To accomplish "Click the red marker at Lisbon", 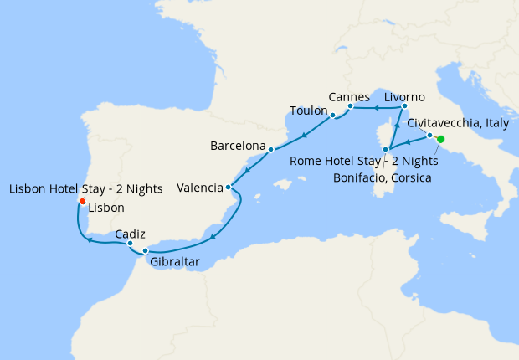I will tap(82, 202).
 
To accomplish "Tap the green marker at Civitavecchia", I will tap(440, 140).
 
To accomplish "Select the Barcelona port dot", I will tap(270, 150).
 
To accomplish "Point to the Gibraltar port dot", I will tap(146, 250).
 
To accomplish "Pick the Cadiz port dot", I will tap(131, 244).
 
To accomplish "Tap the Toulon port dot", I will tap(332, 115).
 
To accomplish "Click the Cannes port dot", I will tap(350, 106).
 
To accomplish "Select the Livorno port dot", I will tap(403, 106).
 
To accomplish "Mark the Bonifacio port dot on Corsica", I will tap(385, 150).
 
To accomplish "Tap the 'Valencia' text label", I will tap(199, 188).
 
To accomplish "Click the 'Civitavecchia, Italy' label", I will tap(457, 123).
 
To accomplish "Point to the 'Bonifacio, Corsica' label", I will tap(381, 177).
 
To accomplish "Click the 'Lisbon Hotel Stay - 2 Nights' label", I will tap(85, 189).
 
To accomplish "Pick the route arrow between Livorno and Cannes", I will tap(377, 108).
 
